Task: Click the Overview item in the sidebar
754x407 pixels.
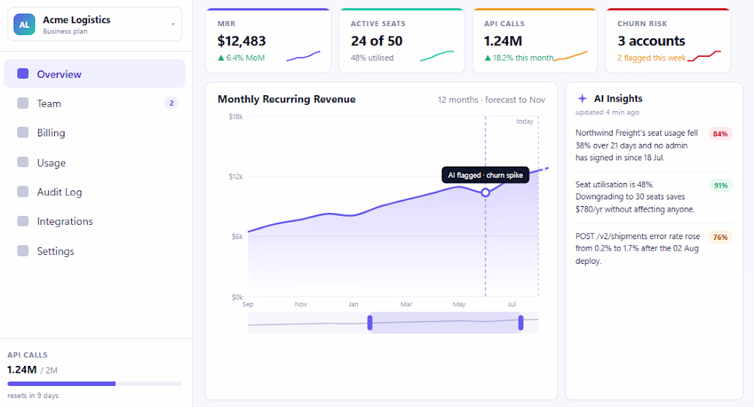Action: point(95,74)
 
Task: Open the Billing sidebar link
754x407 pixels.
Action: point(51,133)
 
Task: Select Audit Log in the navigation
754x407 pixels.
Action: point(59,192)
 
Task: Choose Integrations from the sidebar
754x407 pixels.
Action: point(64,221)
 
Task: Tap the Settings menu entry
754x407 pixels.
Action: point(56,251)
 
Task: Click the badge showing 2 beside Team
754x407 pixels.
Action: point(171,103)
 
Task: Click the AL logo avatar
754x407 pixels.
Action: point(24,25)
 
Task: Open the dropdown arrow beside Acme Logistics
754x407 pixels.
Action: point(173,24)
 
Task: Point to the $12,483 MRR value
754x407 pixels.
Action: point(241,41)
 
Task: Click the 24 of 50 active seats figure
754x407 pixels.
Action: point(376,41)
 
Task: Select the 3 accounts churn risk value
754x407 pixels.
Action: point(651,41)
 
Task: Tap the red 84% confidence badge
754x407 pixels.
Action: point(720,134)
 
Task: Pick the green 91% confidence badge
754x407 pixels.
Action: point(720,186)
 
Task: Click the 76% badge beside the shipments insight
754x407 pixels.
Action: point(720,237)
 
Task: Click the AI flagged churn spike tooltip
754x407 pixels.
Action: point(485,175)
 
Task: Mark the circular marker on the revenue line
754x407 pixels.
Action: point(485,193)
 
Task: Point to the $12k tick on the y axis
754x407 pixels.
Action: point(236,176)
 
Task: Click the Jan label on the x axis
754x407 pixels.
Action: point(354,304)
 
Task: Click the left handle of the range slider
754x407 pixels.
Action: point(369,323)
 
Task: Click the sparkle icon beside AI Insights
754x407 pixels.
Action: point(583,99)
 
